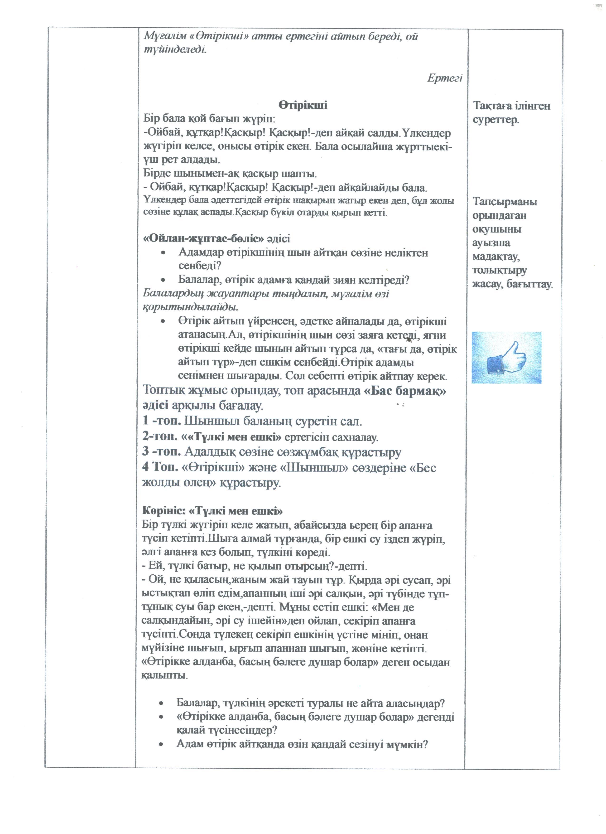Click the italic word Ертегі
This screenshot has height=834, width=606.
coord(445,78)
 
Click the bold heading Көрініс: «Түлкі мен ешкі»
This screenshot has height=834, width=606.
coord(212,511)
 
